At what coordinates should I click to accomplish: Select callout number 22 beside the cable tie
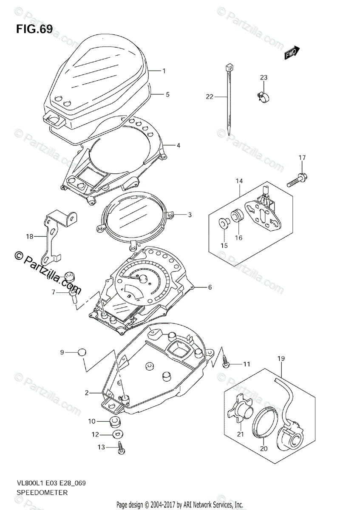tap(209, 97)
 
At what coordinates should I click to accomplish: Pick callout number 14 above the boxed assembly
tap(239, 181)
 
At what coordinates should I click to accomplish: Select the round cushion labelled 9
tap(82, 352)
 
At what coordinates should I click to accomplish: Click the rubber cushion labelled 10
tap(113, 422)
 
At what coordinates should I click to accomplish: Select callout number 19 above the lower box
tap(282, 359)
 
